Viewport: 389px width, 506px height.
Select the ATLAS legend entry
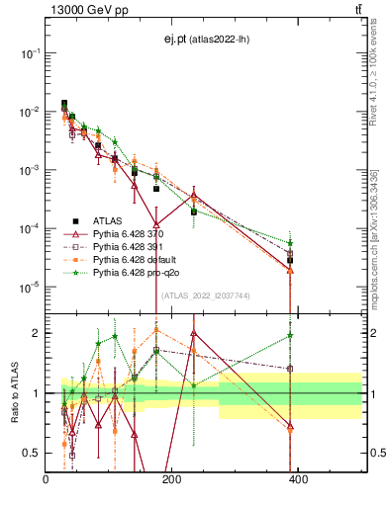(x=106, y=221)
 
